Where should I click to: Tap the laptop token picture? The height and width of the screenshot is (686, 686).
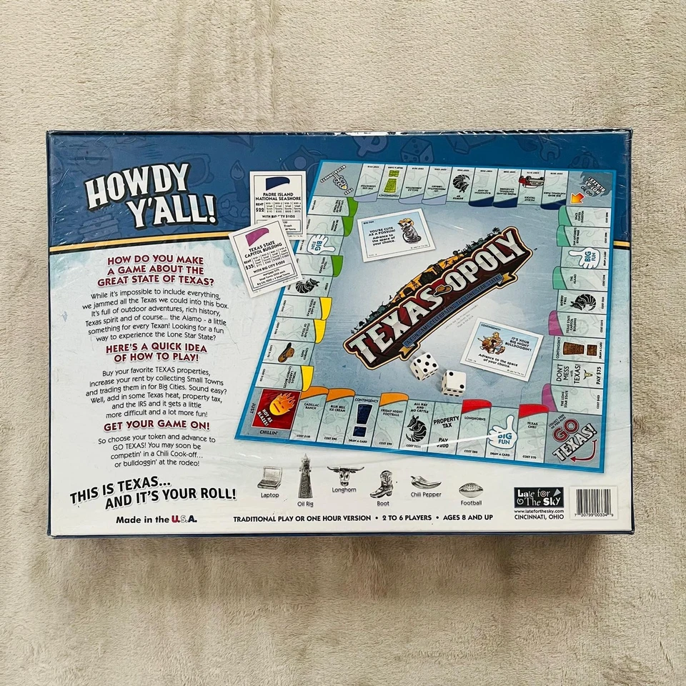point(269,477)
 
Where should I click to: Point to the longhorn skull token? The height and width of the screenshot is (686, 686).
point(345,475)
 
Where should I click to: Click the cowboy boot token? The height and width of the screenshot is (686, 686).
point(382,483)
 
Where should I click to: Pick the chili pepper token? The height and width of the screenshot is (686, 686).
point(425,482)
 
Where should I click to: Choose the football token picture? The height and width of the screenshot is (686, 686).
point(471,489)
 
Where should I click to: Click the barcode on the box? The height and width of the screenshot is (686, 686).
point(594,502)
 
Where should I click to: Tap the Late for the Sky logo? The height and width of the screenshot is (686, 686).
point(539,497)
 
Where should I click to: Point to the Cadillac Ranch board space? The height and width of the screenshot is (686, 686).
point(309,419)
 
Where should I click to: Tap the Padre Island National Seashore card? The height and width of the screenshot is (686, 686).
point(278,203)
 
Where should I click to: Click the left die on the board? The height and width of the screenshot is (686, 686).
point(424,367)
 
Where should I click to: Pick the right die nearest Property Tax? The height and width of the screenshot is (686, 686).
point(453,382)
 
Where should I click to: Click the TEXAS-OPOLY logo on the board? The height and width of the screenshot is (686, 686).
point(439,297)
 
